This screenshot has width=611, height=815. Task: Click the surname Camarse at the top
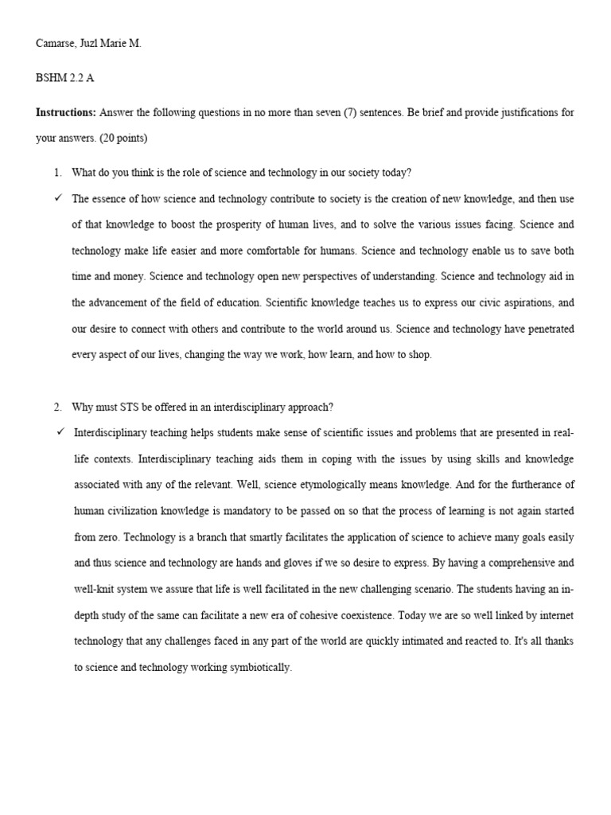pyautogui.click(x=58, y=45)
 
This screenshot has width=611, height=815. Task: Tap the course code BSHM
pyautogui.click(x=53, y=79)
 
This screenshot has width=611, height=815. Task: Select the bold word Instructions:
pyautogui.click(x=66, y=112)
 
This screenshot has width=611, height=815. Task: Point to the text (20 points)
pyautogui.click(x=123, y=138)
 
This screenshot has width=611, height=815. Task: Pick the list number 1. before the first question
pyautogui.click(x=57, y=173)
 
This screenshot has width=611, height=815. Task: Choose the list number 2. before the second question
pyautogui.click(x=57, y=407)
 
